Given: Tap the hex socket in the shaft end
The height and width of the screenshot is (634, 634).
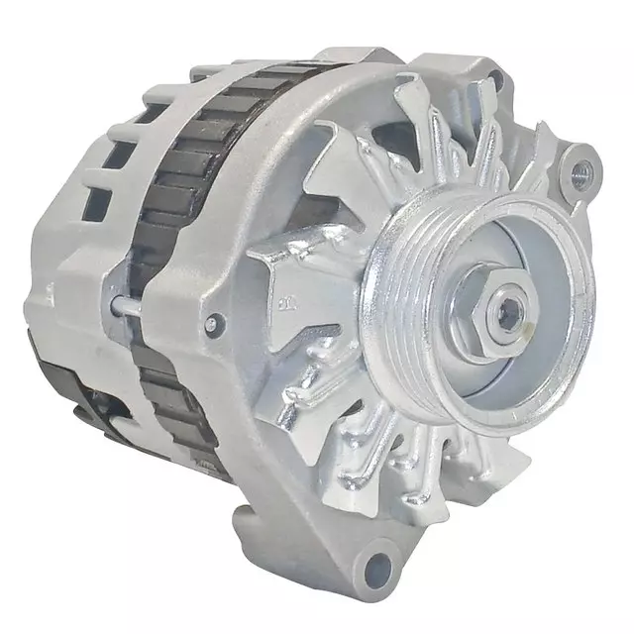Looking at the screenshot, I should tap(509, 314).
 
